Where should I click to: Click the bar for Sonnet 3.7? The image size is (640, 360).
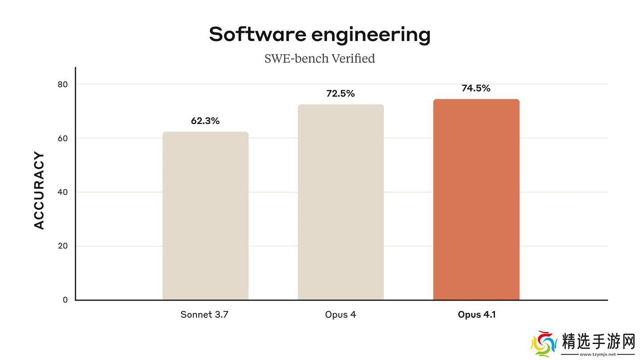[205, 216]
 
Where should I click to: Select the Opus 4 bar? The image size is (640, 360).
[340, 202]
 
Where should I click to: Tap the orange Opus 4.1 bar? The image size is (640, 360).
[476, 200]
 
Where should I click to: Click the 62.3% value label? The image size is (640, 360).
[205, 121]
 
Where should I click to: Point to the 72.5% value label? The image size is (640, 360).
[340, 94]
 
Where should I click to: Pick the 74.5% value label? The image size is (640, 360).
[476, 88]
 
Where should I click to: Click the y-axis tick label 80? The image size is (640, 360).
[63, 84]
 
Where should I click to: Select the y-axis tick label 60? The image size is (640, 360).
[63, 138]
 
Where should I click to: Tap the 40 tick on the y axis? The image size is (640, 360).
[63, 192]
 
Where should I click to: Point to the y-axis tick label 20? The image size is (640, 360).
[63, 246]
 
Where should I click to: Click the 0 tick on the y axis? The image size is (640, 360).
[65, 300]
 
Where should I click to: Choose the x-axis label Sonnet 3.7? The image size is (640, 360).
[204, 315]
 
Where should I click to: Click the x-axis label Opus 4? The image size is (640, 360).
[340, 315]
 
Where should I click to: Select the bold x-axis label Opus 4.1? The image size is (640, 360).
[476, 315]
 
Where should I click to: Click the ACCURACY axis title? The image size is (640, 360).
[40, 191]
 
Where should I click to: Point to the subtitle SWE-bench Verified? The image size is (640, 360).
[320, 59]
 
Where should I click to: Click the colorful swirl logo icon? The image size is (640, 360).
[544, 344]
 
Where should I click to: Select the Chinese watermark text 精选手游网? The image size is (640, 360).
[598, 341]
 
